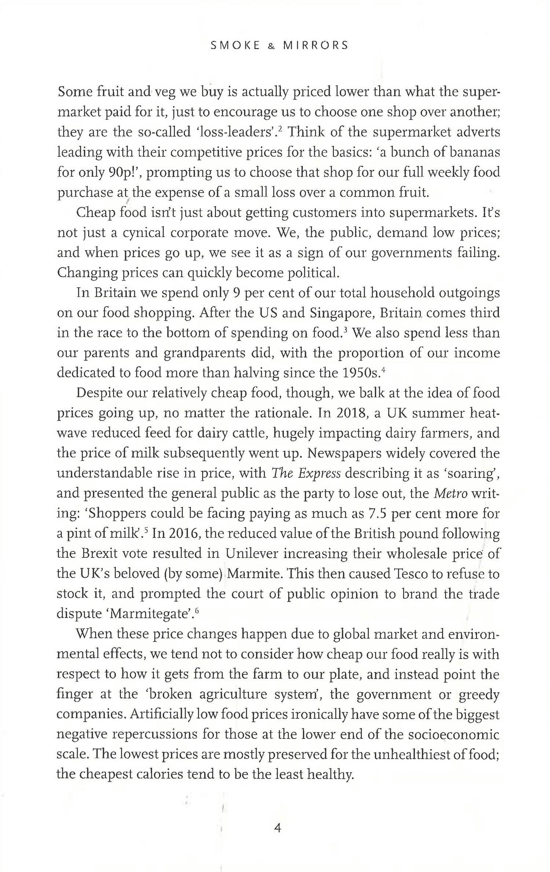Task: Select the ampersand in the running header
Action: point(272,46)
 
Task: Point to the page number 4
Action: point(277,828)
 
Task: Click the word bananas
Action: point(474,152)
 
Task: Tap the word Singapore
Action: point(341,313)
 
